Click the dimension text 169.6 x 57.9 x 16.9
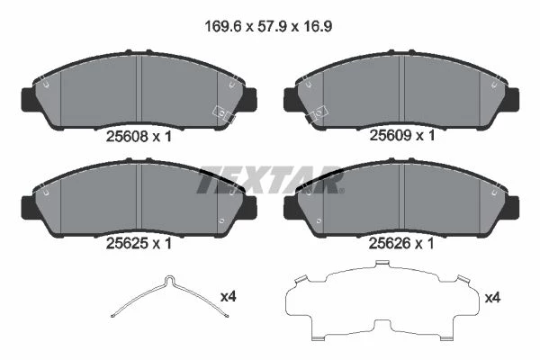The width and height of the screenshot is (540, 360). tap(268, 26)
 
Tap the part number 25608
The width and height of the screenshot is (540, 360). tap(127, 137)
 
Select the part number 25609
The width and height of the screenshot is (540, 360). tap(391, 135)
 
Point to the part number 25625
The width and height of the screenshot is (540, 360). tap(127, 244)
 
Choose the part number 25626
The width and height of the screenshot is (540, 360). tap(390, 244)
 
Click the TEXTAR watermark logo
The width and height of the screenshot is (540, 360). tap(271, 179)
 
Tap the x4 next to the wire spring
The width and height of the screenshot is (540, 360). tap(228, 296)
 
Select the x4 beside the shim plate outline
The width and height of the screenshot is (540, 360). tap(492, 297)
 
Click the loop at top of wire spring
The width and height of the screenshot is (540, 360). tap(169, 280)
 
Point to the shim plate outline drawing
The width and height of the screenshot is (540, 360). tap(382, 301)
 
